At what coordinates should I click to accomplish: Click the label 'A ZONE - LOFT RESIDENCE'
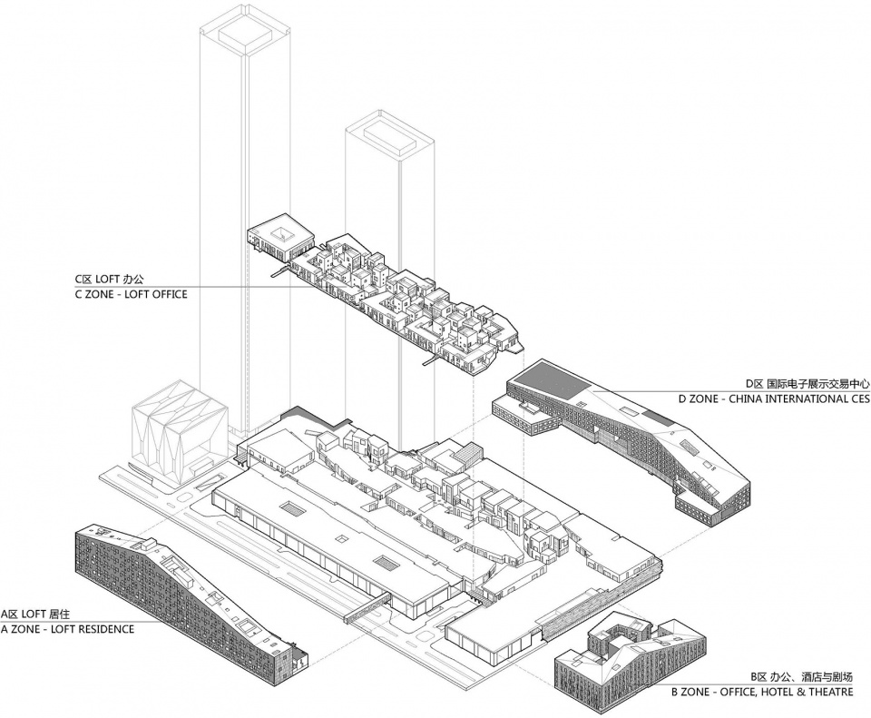(67, 629)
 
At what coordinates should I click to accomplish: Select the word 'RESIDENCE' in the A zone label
(103, 629)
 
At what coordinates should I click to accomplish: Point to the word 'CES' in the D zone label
(857, 398)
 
